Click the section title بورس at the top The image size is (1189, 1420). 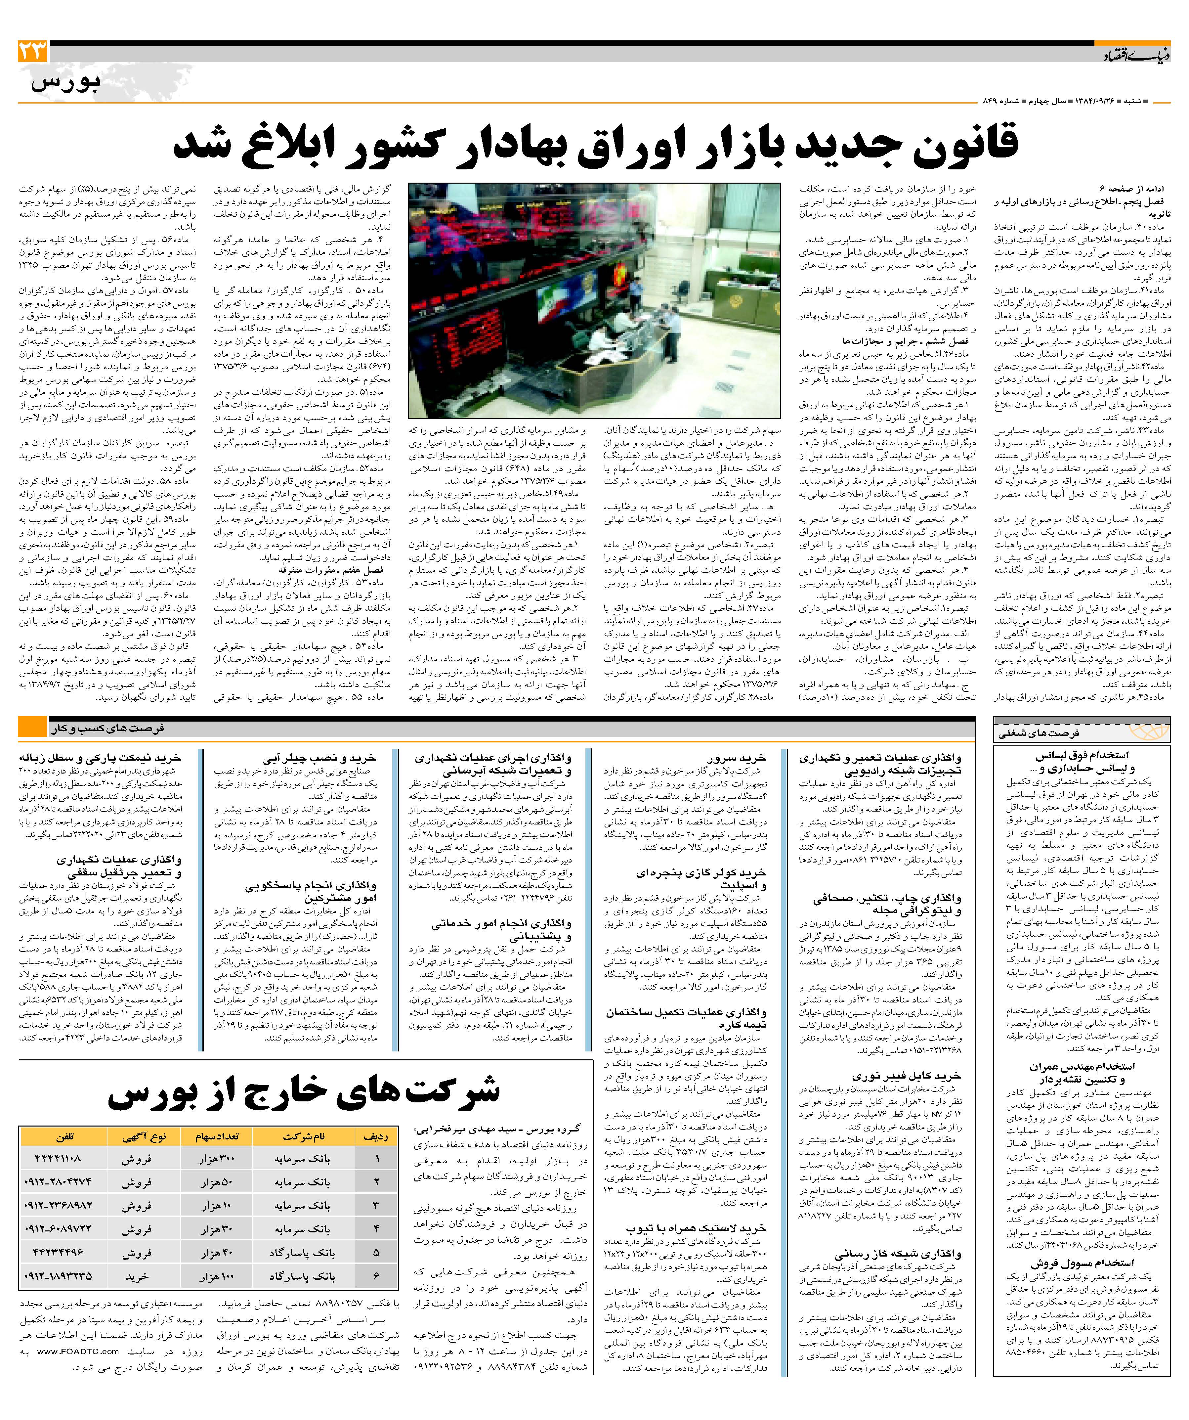65,82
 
